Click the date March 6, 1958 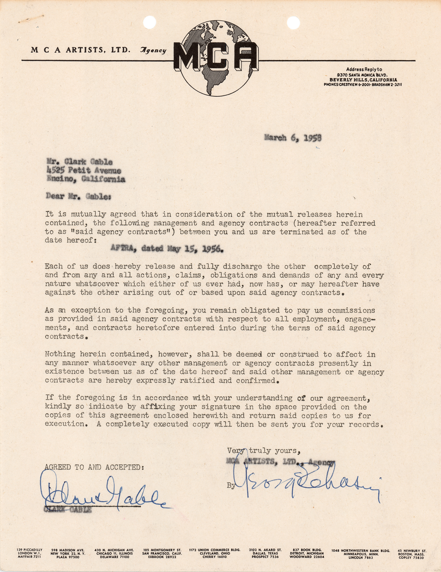(293, 138)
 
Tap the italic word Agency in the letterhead (153, 50)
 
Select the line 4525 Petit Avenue (84, 171)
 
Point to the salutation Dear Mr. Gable (78, 197)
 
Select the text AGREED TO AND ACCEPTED (94, 467)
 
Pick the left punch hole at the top (150, 22)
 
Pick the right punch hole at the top (293, 22)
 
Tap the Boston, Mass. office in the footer (412, 553)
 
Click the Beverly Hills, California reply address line (363, 80)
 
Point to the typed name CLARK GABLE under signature (68, 510)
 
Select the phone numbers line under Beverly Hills (363, 85)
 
